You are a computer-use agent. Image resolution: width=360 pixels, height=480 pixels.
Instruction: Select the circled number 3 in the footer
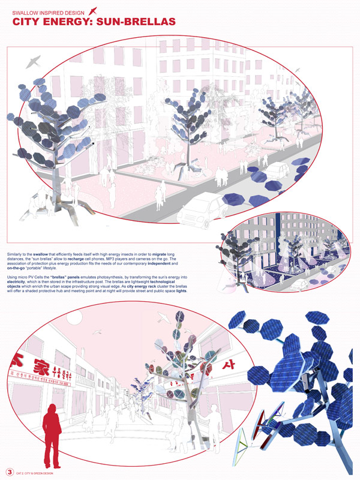pos(10,471)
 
